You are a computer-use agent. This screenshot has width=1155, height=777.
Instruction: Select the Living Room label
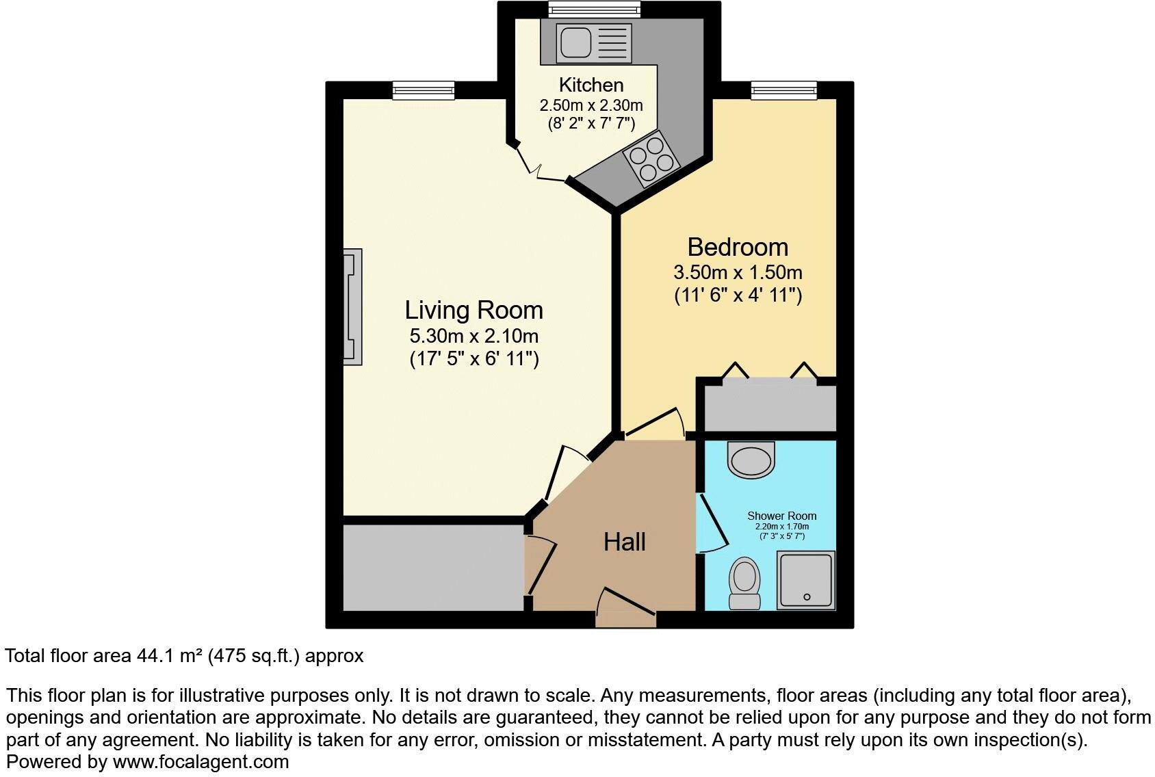point(473,310)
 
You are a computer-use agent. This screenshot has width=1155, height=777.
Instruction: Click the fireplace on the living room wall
point(352,307)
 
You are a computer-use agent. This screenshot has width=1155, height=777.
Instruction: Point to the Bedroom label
point(738,247)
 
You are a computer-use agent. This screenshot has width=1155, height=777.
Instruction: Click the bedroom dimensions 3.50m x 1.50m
point(738,272)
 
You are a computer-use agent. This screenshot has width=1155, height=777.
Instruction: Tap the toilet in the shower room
point(744,583)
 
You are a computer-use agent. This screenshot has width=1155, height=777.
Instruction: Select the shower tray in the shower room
point(806,580)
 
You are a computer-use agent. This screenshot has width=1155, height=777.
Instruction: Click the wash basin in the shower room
point(752,458)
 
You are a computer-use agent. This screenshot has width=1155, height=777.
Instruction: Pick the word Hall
point(624,542)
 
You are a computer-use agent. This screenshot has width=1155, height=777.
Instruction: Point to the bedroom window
point(783,90)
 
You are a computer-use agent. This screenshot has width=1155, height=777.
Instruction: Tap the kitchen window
point(594,9)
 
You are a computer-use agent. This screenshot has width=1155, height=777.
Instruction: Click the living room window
point(424,90)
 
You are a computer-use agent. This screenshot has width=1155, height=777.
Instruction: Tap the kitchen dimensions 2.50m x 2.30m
point(591,105)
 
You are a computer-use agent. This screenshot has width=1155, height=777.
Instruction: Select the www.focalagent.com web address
point(200,761)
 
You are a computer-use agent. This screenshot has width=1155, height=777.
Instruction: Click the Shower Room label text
point(781,516)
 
